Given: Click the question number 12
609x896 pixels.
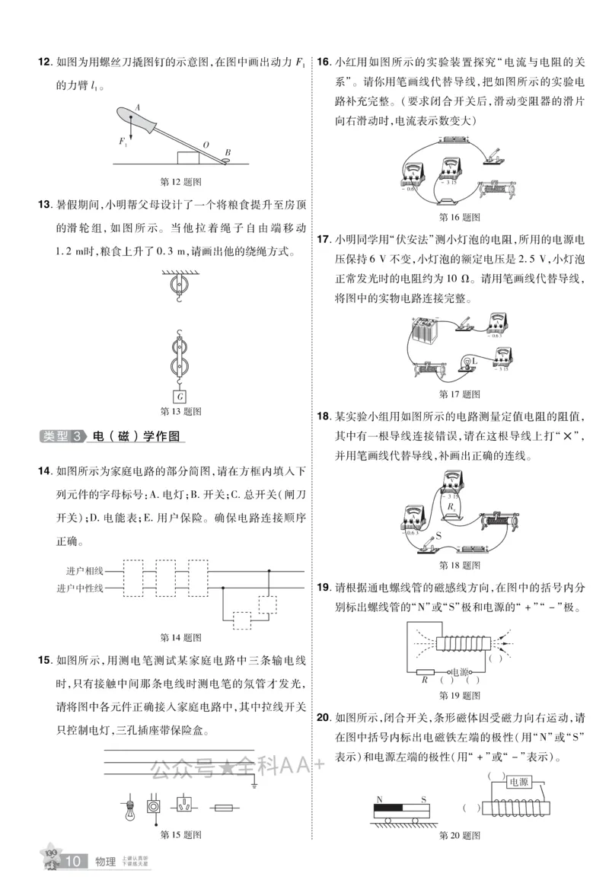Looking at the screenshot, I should (44, 62).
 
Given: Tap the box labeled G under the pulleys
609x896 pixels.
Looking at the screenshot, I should (180, 396).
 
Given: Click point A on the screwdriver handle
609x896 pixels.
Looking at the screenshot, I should (138, 107).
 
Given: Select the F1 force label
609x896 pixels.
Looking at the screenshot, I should (123, 142).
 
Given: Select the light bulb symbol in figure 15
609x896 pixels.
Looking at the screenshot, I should (129, 808).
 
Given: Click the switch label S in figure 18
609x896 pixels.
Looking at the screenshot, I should (438, 537).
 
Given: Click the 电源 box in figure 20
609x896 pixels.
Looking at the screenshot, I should (519, 782).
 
